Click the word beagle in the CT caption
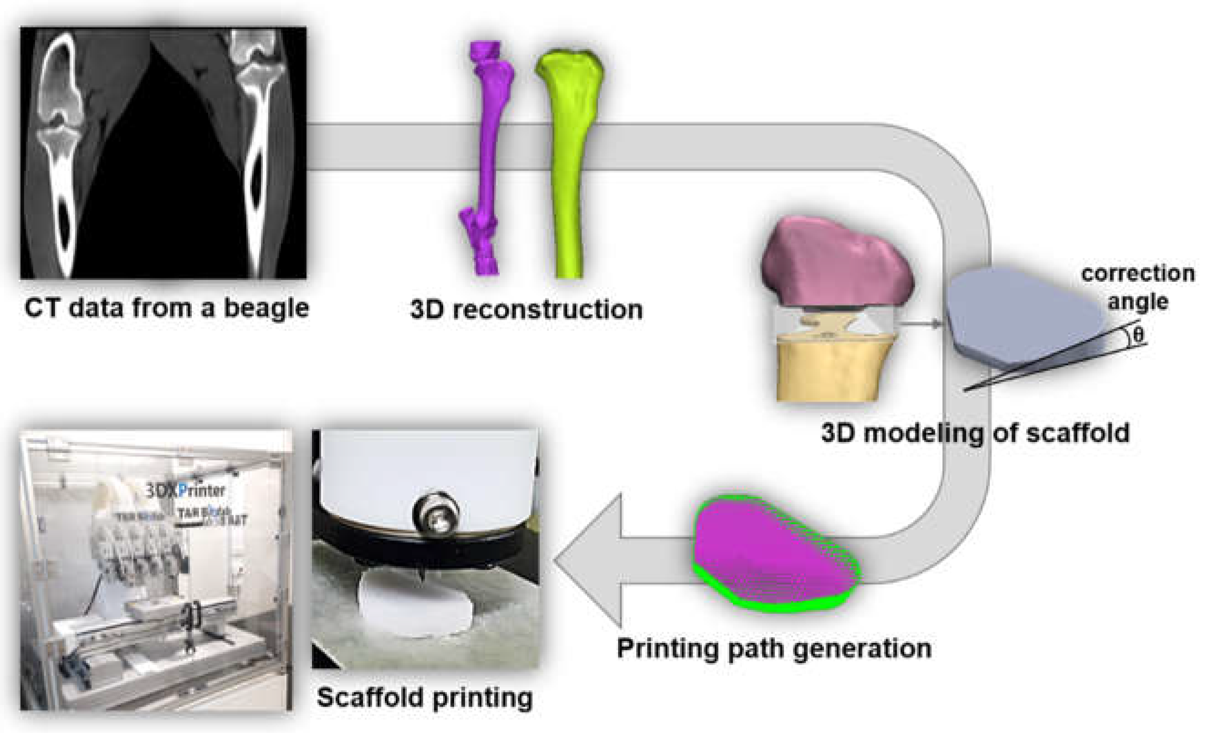click(x=266, y=308)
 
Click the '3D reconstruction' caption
click(x=526, y=310)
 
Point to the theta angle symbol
click(x=1139, y=336)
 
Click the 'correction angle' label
click(x=1138, y=288)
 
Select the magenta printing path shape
click(x=773, y=555)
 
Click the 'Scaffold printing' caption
click(x=424, y=697)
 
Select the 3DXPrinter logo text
click(x=186, y=490)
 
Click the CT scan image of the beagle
click(x=163, y=153)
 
